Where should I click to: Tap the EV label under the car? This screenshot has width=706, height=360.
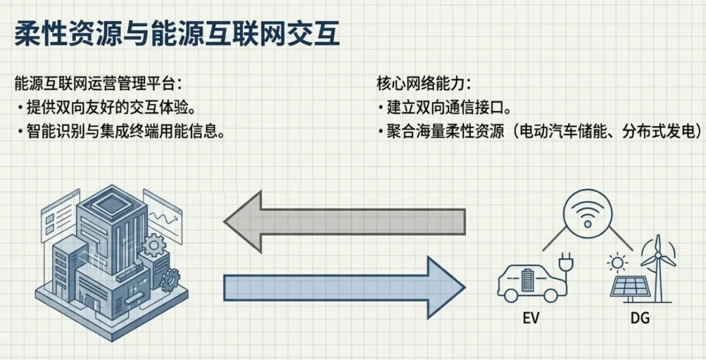click(x=531, y=319)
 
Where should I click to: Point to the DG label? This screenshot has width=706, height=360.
click(x=639, y=319)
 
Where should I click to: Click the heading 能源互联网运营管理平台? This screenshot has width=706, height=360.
click(x=98, y=84)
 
